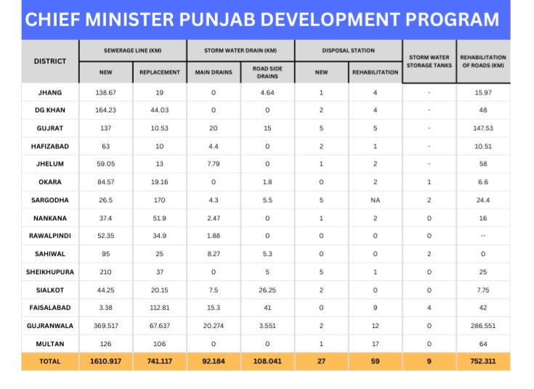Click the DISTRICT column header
coord(50,61)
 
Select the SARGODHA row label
coord(50,199)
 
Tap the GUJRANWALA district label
coord(50,324)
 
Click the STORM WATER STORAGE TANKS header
coord(429,61)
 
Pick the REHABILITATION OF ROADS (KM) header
coord(483,61)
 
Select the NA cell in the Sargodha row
coord(375,199)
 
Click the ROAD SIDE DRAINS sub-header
coord(267,72)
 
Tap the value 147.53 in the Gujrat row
coord(483,128)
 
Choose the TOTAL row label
coord(50,361)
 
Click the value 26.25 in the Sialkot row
coord(267,289)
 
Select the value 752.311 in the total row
coord(483,361)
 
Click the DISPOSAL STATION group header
coord(348,50)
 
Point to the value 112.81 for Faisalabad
coord(159,307)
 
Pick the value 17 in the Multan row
coord(375,342)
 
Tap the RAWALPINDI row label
coord(50,235)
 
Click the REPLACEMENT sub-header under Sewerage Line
coord(159,72)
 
